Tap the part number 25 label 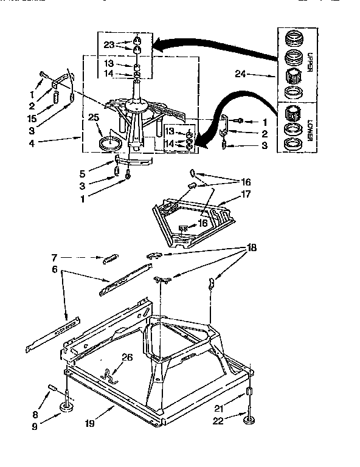pyautogui.click(x=94, y=117)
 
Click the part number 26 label pyautogui.click(x=126, y=358)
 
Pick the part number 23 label pyautogui.click(x=109, y=44)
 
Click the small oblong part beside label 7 pyautogui.click(x=110, y=258)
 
